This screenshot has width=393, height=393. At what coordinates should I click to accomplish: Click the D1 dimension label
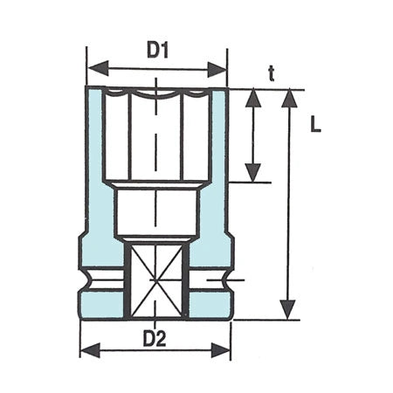(x=157, y=51)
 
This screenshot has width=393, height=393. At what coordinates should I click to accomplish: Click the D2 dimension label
(x=155, y=339)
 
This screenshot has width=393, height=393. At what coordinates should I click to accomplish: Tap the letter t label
(x=272, y=75)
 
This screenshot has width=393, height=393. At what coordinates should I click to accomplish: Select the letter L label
(x=315, y=125)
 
